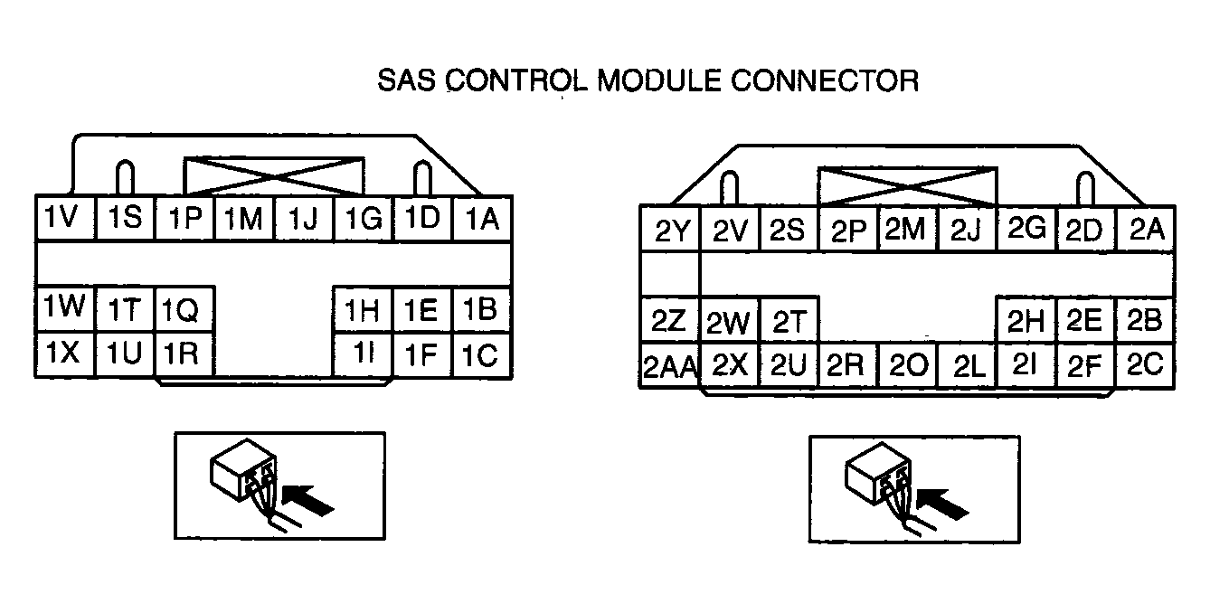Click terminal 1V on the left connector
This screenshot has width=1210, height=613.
(65, 218)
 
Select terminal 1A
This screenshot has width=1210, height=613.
(482, 218)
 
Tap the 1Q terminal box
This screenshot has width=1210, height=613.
(184, 311)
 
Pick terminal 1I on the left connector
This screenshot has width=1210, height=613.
(364, 354)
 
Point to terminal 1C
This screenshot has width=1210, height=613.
(482, 354)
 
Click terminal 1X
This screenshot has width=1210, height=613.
(65, 354)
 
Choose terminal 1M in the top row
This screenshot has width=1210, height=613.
(244, 218)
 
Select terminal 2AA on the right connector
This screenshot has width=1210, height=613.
(670, 366)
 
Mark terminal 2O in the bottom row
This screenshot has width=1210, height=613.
(907, 366)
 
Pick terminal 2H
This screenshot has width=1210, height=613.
(1026, 319)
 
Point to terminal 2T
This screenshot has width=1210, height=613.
(789, 319)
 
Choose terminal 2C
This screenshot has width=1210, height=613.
(1147, 364)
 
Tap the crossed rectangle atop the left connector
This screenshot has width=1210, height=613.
(273, 175)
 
